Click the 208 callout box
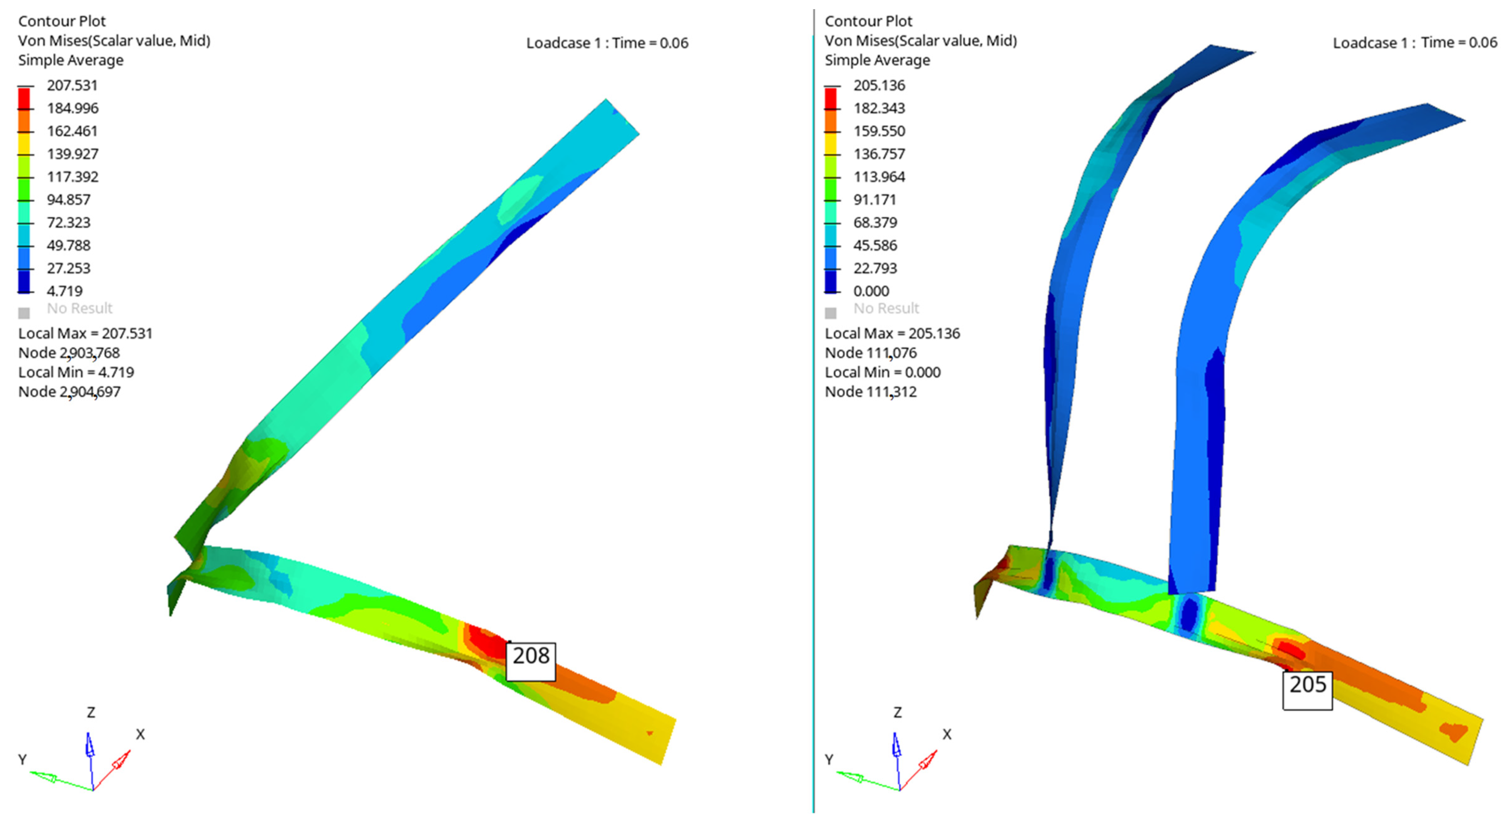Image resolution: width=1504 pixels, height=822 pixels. (x=531, y=661)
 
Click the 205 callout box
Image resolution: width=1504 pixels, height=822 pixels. (x=1307, y=690)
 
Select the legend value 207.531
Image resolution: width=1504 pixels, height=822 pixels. (x=72, y=85)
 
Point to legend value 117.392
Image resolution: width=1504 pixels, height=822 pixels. (x=72, y=176)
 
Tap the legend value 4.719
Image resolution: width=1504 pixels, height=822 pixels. (x=65, y=291)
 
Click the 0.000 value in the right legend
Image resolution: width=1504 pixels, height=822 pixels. (x=871, y=291)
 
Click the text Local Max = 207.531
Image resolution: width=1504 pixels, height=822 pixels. (x=85, y=334)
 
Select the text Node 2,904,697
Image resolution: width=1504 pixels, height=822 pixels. (x=69, y=391)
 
